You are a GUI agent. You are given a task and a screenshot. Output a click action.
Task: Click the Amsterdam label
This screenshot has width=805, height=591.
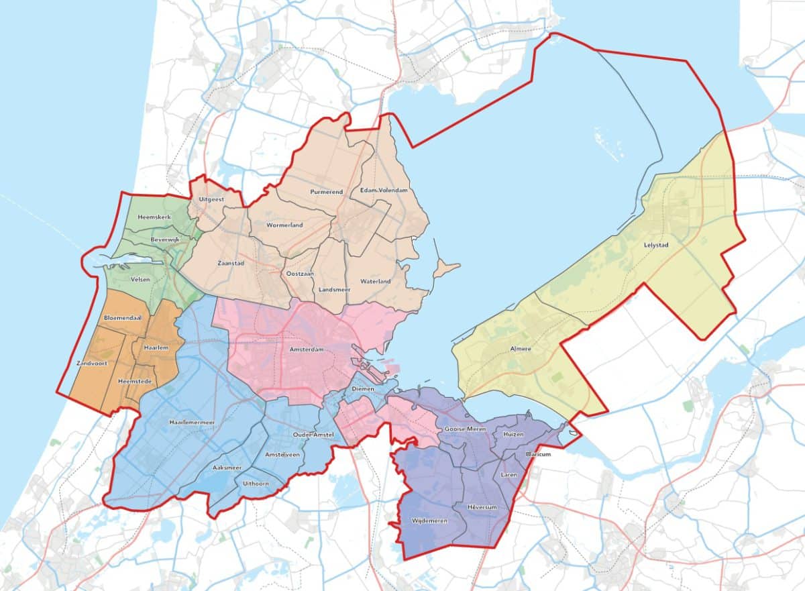click(x=307, y=350)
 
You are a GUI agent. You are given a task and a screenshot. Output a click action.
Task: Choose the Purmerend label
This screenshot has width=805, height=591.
click(x=327, y=192)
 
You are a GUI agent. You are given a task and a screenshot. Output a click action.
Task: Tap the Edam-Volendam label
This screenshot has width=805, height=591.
click(x=384, y=191)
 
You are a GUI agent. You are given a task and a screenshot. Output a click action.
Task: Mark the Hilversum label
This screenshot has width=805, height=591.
click(x=482, y=507)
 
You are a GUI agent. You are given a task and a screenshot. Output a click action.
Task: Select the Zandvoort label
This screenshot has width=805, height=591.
click(x=93, y=363)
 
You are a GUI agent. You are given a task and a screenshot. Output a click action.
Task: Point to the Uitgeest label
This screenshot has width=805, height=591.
click(x=211, y=200)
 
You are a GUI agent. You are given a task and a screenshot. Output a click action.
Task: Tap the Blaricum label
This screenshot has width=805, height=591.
click(x=538, y=454)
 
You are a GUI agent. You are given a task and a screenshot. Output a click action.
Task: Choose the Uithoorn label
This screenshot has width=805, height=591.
click(x=256, y=483)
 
